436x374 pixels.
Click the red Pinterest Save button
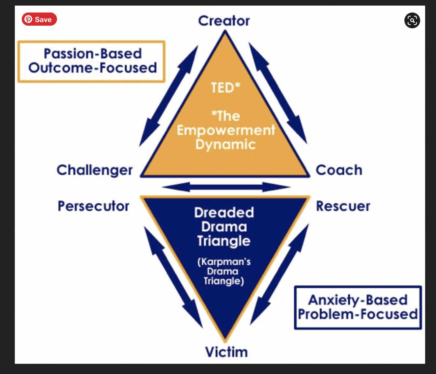(39, 19)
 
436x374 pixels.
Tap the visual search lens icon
(412, 20)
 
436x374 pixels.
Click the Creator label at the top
(224, 21)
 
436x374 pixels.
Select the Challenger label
(95, 170)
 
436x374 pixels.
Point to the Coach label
(339, 170)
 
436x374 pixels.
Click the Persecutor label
(94, 206)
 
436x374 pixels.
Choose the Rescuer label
(343, 206)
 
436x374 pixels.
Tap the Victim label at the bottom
(226, 352)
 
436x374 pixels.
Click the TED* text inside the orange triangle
(226, 88)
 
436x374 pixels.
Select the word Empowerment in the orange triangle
(226, 130)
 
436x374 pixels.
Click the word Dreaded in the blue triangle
(224, 213)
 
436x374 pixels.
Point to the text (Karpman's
(224, 262)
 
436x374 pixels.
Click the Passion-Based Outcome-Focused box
(91, 61)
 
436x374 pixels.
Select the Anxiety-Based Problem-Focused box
(358, 307)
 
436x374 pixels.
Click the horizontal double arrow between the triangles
(226, 187)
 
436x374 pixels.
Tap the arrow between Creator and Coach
(278, 94)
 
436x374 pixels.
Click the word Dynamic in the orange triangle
(226, 145)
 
